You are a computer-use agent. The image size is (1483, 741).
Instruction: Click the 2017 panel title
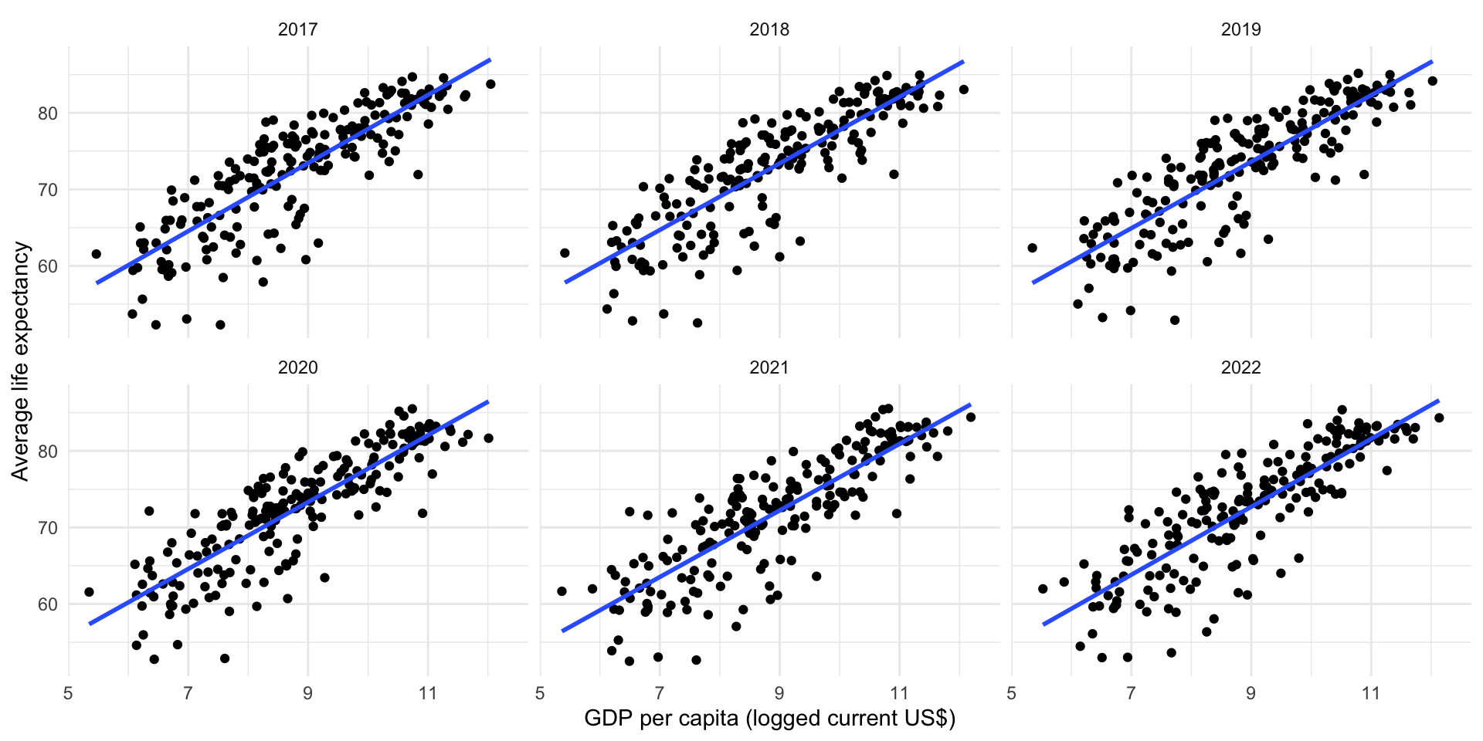(x=297, y=29)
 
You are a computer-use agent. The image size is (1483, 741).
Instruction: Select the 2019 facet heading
(x=1240, y=29)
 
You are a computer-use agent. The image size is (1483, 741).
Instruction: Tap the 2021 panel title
(x=769, y=367)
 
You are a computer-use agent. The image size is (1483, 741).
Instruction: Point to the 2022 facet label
(x=1240, y=367)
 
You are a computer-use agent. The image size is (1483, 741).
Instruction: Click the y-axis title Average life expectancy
(x=20, y=361)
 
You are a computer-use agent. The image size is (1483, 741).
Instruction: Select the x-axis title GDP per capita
(x=769, y=719)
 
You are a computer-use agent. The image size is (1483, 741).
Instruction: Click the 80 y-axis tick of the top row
(x=48, y=113)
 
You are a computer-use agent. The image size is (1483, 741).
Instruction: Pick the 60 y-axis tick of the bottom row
(x=48, y=604)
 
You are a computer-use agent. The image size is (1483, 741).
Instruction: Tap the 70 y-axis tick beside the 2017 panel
(x=48, y=190)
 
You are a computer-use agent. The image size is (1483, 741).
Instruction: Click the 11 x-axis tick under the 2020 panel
(x=428, y=693)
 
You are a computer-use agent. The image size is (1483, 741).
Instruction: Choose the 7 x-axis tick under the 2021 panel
(x=660, y=693)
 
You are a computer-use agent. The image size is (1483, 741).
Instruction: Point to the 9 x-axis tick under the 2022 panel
(x=1251, y=693)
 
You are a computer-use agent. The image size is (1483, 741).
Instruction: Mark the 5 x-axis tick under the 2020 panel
(x=69, y=693)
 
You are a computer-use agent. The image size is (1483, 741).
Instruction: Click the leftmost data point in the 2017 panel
(x=96, y=254)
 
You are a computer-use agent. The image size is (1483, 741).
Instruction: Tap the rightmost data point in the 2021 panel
(x=971, y=418)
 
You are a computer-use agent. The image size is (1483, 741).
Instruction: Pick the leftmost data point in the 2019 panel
(x=1032, y=248)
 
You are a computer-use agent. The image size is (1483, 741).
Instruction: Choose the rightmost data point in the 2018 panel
(x=963, y=90)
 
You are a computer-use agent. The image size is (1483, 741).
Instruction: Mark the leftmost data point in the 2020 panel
(x=89, y=592)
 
